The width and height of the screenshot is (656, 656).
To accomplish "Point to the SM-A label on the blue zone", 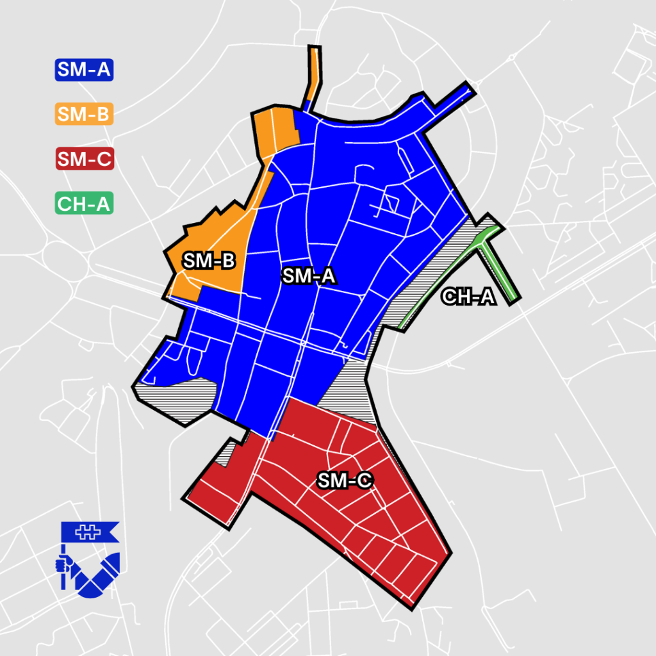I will coord(309,276).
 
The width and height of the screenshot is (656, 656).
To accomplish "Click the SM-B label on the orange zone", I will coord(209,261).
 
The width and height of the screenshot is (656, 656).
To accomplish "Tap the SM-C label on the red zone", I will coord(345,480).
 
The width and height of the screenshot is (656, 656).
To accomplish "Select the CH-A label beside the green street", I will coord(469,297).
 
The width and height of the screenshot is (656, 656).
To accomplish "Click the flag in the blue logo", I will coord(90,530).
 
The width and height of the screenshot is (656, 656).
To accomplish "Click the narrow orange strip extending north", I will coord(313,70).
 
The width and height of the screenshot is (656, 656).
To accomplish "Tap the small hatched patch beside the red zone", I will coord(225,456).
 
